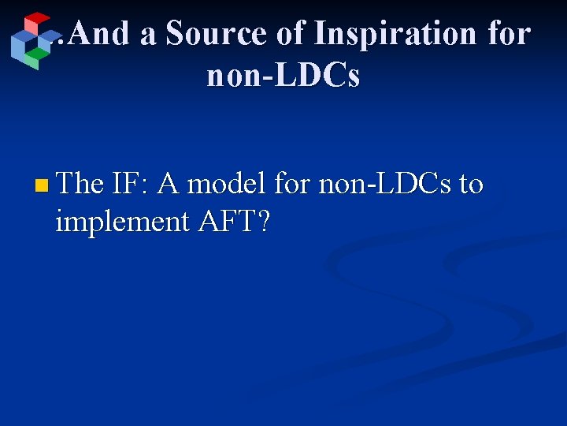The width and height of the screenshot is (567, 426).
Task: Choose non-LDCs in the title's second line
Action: click(283, 77)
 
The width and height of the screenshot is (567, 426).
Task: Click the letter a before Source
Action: click(147, 35)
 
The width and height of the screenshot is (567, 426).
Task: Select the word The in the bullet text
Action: click(80, 184)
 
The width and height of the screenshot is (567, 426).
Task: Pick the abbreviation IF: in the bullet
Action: click(130, 184)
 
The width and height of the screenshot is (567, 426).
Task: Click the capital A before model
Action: click(167, 184)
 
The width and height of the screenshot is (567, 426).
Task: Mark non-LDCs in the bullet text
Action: click(384, 184)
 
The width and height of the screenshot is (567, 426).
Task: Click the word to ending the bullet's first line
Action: click(471, 185)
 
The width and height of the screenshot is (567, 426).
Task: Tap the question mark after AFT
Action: click(264, 222)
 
